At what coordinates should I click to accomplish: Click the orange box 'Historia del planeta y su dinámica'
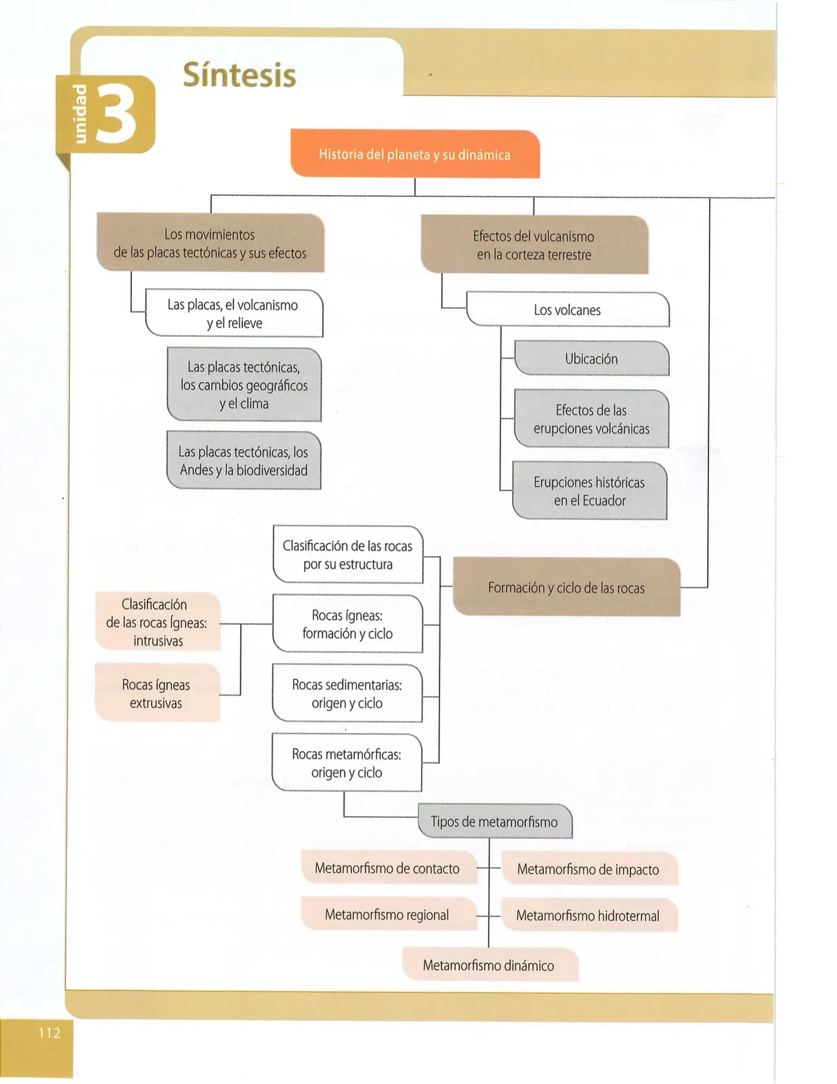coord(414,154)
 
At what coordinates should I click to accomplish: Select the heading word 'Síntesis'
coord(239,75)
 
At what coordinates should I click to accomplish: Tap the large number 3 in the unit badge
coord(117,114)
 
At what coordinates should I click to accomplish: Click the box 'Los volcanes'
coord(567,310)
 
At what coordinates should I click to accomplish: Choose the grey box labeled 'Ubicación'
coord(592,358)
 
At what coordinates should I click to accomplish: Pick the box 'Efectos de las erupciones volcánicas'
coord(592,419)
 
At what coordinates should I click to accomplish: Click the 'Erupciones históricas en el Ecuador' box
coord(590,491)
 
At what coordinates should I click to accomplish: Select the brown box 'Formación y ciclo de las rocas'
coord(566,587)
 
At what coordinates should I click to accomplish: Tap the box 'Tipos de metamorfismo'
coord(495,821)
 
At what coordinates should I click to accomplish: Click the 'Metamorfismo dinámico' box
coord(490,965)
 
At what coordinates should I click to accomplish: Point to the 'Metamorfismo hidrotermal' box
coord(589,915)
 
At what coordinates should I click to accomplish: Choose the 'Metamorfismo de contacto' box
coord(389,868)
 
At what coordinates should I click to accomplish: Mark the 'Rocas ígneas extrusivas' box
coord(157,693)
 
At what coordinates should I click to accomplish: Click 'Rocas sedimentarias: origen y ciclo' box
coord(347,693)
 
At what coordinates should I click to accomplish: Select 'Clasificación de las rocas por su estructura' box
coord(348,555)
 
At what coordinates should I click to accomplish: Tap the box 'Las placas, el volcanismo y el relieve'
coord(234,313)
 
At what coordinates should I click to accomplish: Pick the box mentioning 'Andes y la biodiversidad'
coord(244,461)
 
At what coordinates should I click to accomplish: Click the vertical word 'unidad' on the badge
coord(79,114)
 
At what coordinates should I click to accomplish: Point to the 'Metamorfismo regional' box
coord(389,915)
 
